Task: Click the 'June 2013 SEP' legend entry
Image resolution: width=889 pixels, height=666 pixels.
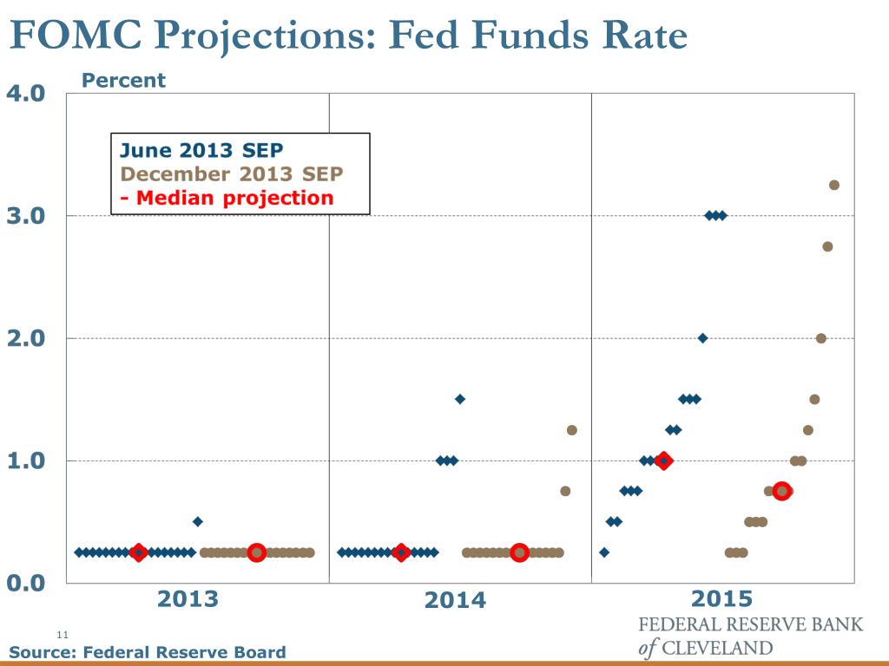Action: (201, 150)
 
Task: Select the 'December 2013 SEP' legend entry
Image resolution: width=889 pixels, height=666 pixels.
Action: (232, 173)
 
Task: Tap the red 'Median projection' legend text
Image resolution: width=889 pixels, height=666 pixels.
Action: (227, 198)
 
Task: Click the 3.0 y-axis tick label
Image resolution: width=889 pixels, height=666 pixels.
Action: (26, 216)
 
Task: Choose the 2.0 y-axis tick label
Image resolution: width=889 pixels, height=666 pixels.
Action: (26, 338)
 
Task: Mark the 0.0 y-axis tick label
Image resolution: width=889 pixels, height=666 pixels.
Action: (26, 583)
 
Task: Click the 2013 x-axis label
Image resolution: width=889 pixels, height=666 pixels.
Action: (188, 599)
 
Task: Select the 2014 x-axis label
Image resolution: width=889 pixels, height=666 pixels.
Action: (456, 600)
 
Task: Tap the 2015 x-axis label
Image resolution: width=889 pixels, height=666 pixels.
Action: (722, 599)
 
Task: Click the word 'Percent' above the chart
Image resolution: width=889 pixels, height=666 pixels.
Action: (122, 81)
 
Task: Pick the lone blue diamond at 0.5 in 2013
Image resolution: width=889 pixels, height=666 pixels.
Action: (197, 521)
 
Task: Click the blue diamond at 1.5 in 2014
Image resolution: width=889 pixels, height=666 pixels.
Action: (460, 399)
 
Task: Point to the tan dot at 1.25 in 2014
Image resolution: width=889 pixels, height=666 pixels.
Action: (571, 430)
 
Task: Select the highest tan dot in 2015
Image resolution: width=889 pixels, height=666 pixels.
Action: (834, 185)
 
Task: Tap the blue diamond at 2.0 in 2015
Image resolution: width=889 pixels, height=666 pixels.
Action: (702, 338)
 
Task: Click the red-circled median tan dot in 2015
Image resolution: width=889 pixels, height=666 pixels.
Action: (781, 491)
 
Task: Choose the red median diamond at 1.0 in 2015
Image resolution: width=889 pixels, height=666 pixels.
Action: (664, 460)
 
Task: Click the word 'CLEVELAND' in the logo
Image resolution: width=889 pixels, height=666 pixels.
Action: (716, 648)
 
